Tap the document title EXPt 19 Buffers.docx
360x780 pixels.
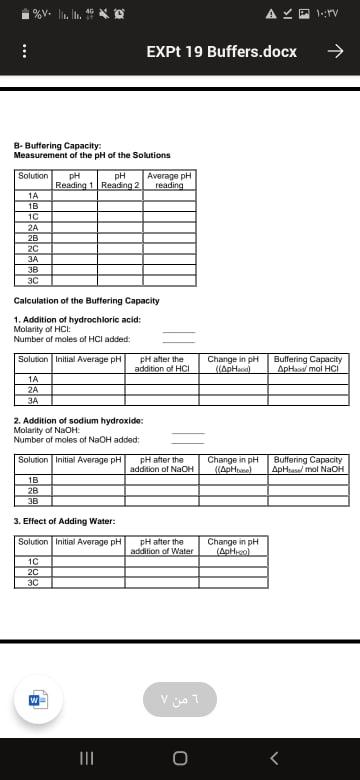pos(221,51)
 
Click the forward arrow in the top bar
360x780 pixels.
pos(336,51)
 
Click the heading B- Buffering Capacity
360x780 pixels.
pos(57,146)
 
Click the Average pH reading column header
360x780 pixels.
pos(169,180)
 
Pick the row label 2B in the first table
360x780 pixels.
pos(33,240)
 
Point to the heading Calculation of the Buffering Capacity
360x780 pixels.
pos(86,301)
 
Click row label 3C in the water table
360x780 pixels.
pos(33,582)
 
